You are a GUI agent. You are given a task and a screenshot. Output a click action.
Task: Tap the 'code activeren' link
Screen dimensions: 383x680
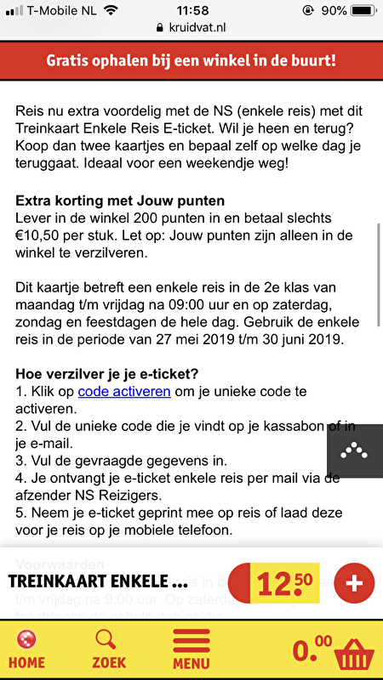[124, 392]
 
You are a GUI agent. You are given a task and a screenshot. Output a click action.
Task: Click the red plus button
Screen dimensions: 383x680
[354, 583]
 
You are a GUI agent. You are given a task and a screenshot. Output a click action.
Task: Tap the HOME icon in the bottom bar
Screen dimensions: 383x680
[26, 648]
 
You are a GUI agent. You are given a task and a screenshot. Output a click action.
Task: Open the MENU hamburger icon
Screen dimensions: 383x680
[191, 648]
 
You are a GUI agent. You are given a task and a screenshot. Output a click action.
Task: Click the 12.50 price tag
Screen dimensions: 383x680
[284, 584]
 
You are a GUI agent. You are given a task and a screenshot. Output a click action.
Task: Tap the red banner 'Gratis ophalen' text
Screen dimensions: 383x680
[191, 61]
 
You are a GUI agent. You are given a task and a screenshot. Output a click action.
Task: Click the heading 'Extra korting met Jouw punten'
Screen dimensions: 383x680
[120, 201]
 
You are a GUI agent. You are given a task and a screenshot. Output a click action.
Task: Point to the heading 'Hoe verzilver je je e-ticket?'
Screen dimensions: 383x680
[118, 373]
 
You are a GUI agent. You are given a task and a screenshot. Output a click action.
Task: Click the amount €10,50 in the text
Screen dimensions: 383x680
[38, 235]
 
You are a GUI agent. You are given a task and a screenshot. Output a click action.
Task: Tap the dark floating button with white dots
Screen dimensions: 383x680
[354, 451]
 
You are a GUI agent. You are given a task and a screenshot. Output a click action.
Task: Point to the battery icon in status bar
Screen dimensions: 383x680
[362, 10]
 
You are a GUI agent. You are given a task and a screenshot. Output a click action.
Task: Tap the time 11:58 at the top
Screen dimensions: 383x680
[191, 10]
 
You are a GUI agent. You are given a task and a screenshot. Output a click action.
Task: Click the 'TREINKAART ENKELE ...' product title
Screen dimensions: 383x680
[97, 583]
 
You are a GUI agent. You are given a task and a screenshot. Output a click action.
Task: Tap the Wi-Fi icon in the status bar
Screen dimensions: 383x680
[111, 10]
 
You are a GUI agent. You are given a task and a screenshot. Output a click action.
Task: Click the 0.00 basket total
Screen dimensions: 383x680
[312, 650]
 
